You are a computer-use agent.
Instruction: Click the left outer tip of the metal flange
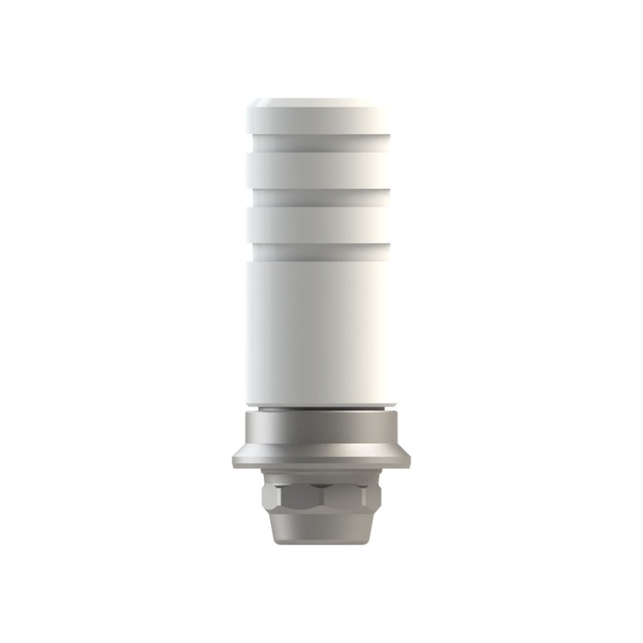[x=232, y=459]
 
